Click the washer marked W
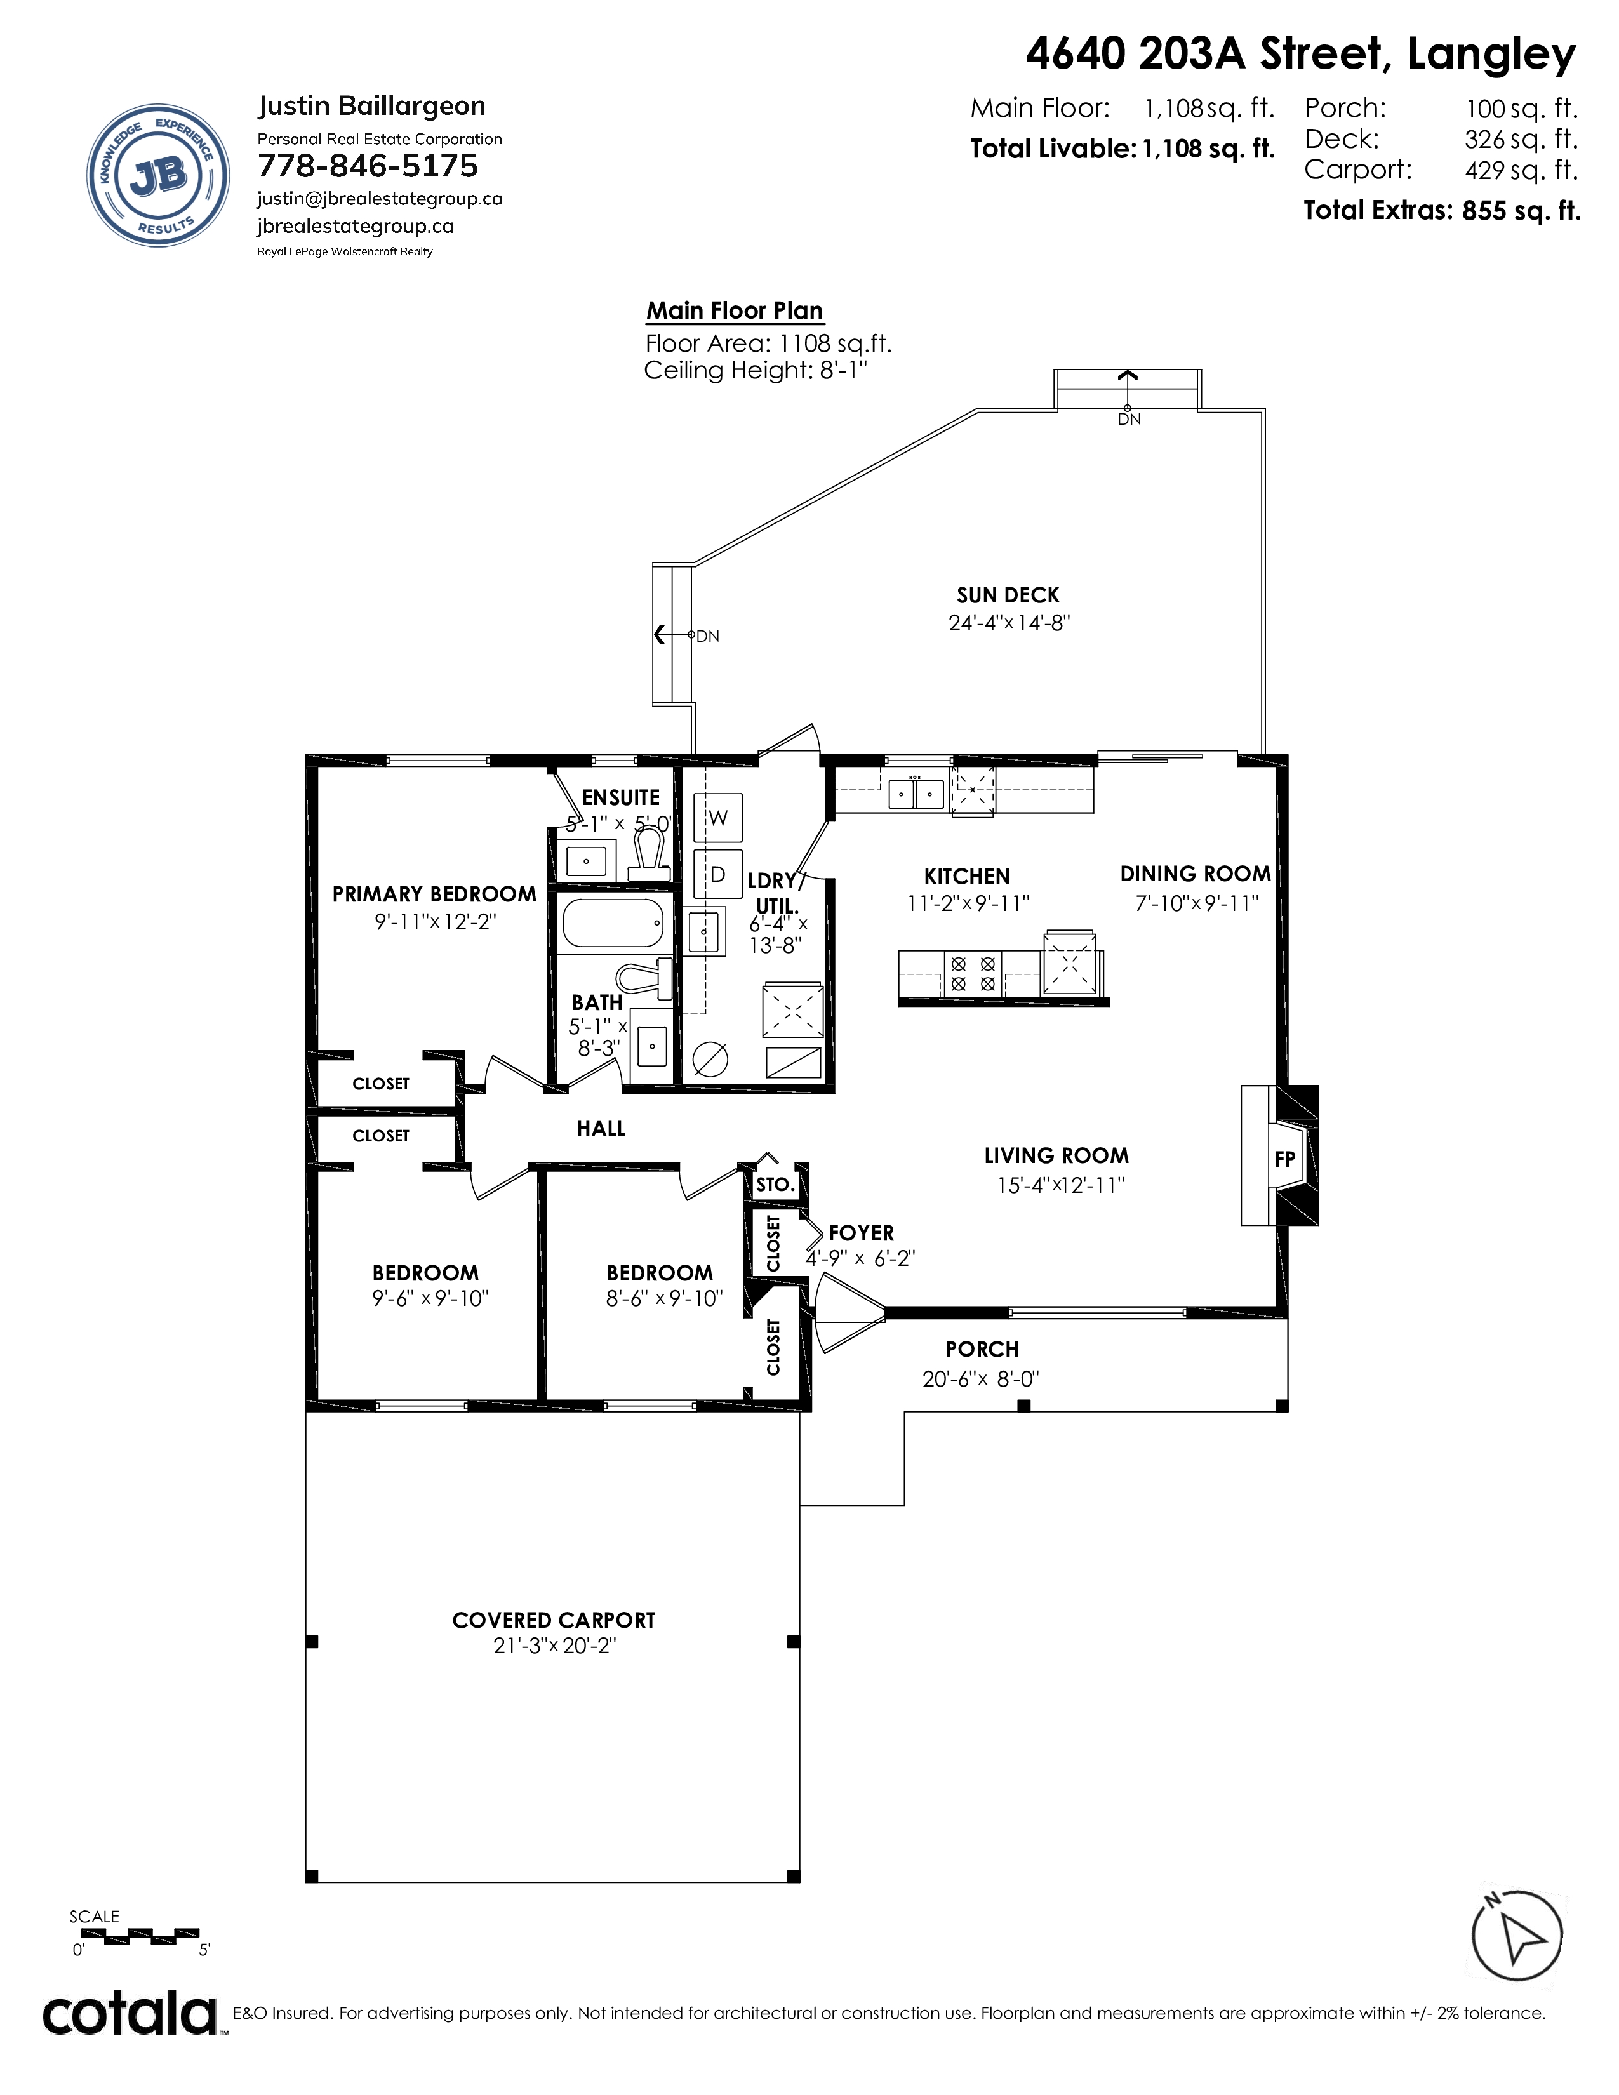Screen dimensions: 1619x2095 (717, 818)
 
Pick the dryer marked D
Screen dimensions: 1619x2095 (717, 874)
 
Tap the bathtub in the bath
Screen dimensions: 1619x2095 (613, 924)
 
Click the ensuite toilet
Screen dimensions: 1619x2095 (650, 855)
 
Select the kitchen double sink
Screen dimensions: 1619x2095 (916, 794)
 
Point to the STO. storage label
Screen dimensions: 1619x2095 (775, 1185)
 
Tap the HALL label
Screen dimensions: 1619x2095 (601, 1128)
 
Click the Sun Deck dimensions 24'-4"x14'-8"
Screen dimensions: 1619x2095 (1009, 623)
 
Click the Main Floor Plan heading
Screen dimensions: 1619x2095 (735, 311)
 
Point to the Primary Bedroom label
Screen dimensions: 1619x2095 (434, 894)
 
